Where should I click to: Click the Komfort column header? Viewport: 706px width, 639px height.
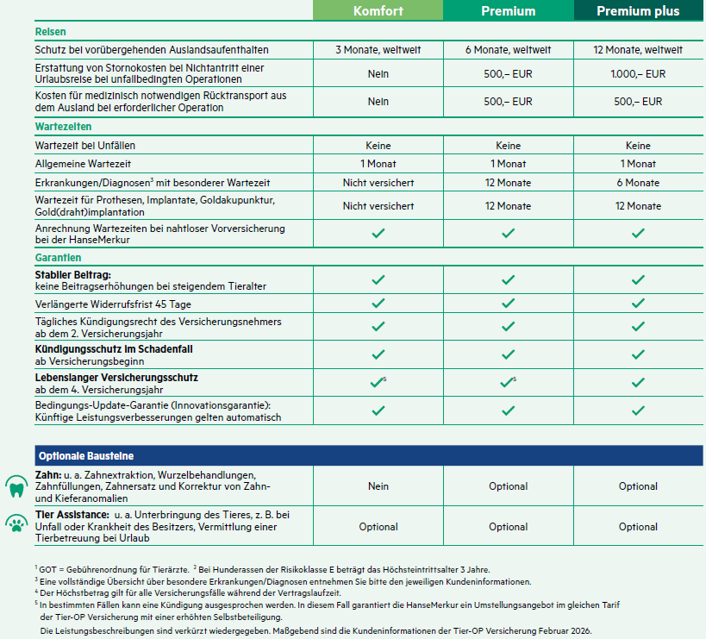[x=378, y=11]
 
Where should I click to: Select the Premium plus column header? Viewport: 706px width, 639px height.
[x=638, y=11]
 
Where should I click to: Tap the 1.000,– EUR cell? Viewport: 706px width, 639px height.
[x=638, y=74]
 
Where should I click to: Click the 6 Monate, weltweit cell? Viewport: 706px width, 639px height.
[x=508, y=50]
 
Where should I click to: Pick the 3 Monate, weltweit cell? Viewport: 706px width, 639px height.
[x=378, y=50]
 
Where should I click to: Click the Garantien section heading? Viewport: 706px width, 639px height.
[x=58, y=258]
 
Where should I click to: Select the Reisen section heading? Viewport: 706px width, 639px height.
[x=50, y=32]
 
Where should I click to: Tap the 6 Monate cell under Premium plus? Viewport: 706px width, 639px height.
[x=638, y=183]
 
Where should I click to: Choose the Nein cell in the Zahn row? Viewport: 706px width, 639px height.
[x=378, y=486]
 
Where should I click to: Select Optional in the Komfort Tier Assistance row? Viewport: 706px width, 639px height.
[x=378, y=527]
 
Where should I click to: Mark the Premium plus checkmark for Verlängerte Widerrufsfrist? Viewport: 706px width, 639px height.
[x=638, y=304]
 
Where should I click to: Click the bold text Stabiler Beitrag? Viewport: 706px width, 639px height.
[x=72, y=273]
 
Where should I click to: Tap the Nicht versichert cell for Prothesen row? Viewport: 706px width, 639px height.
[x=378, y=206]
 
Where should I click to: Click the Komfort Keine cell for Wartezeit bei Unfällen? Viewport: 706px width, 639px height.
[x=378, y=146]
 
